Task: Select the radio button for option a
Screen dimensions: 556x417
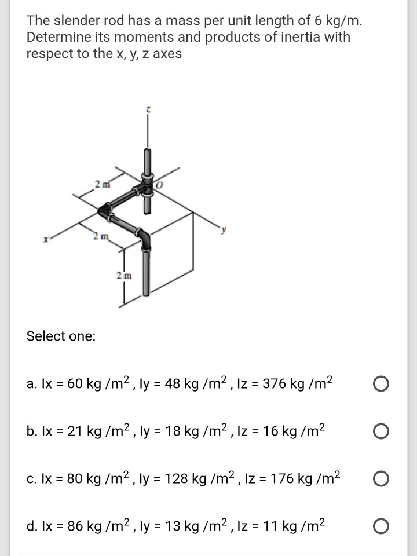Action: coord(381,384)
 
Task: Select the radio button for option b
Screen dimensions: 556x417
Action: coord(381,431)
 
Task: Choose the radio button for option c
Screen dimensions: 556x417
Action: coord(381,479)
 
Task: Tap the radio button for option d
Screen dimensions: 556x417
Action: coord(381,526)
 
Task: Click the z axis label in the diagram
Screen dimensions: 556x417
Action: coord(149,109)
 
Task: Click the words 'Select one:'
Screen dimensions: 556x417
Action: coord(61,336)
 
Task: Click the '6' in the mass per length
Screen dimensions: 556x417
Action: coord(317,21)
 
